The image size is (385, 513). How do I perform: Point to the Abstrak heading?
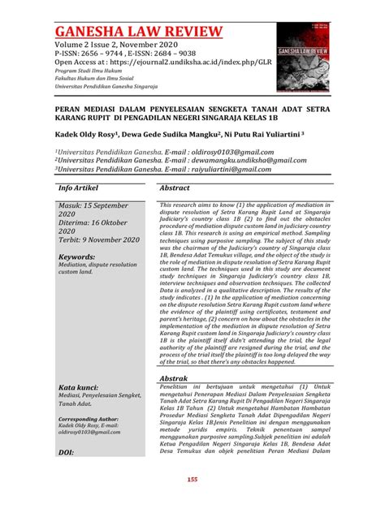pos(175,379)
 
